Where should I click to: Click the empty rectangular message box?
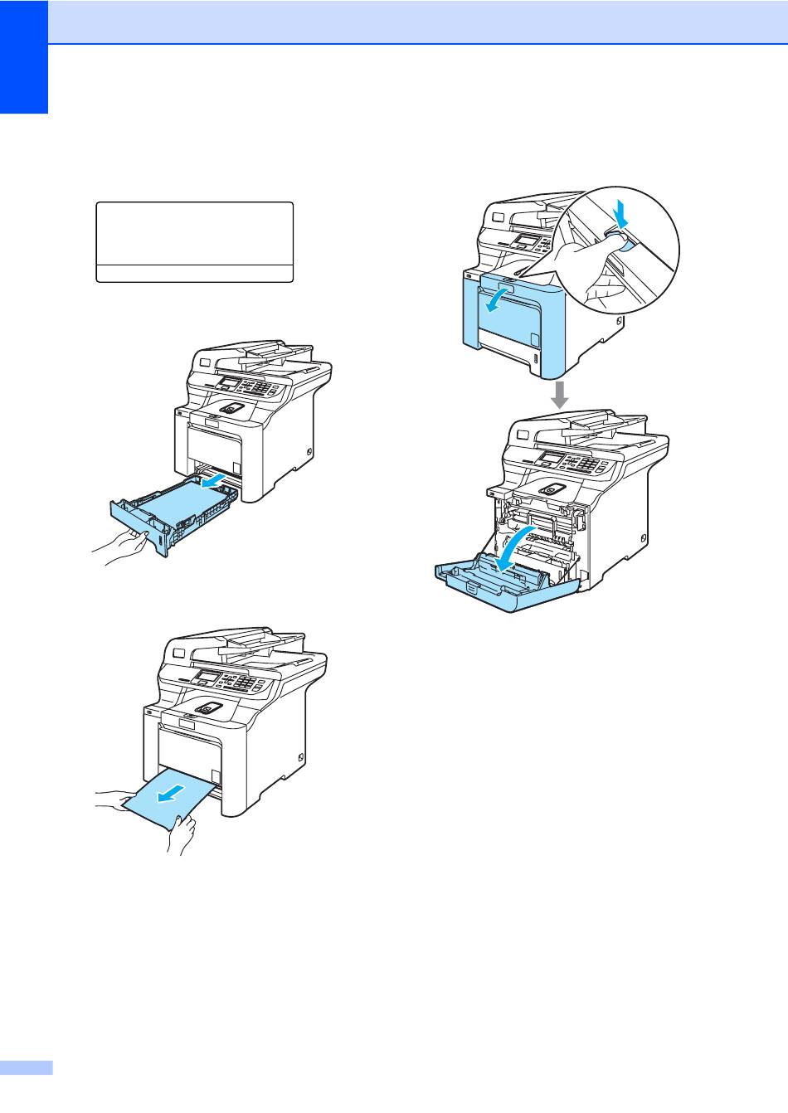coord(195,234)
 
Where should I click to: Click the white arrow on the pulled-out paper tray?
coord(214,481)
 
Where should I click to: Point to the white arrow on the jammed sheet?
coord(169,795)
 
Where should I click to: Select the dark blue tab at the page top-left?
coord(24,58)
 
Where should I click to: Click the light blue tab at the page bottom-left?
coord(26,1067)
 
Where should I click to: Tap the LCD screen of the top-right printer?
coord(526,241)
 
